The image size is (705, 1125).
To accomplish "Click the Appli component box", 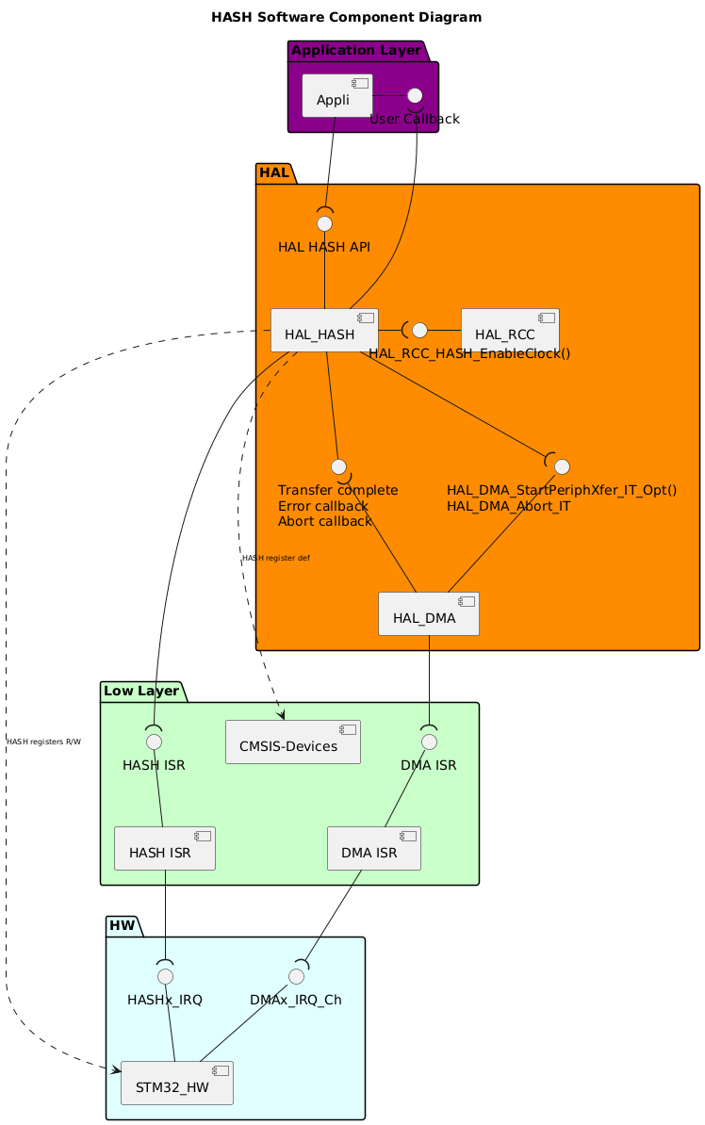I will [x=336, y=96].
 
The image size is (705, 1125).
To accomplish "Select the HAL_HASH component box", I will [x=324, y=331].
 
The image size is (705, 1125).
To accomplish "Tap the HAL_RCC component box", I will [x=509, y=331].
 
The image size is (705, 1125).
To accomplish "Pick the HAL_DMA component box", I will [x=428, y=614].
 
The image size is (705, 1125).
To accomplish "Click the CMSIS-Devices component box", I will [x=293, y=742].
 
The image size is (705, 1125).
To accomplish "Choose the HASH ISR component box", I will [x=165, y=849].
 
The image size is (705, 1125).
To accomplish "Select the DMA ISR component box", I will [x=373, y=849].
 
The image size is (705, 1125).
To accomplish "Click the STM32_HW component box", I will [x=177, y=1084].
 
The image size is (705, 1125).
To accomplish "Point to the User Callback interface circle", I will [x=414, y=95].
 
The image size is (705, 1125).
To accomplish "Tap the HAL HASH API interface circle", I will [x=324, y=223].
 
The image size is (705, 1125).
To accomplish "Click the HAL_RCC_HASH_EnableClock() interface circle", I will [x=419, y=331].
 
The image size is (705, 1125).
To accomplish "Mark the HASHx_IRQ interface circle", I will [x=165, y=975].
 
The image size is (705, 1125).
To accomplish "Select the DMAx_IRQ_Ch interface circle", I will [x=296, y=975].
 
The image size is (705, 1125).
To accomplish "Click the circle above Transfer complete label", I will [x=339, y=466].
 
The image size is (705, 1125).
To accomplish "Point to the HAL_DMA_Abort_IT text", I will [x=508, y=506].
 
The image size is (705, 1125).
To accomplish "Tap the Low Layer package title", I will [x=141, y=691].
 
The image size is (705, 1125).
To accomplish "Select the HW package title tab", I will [x=123, y=926].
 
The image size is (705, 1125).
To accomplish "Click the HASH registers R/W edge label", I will [x=43, y=742].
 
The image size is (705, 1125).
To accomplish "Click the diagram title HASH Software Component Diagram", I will [x=346, y=17].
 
